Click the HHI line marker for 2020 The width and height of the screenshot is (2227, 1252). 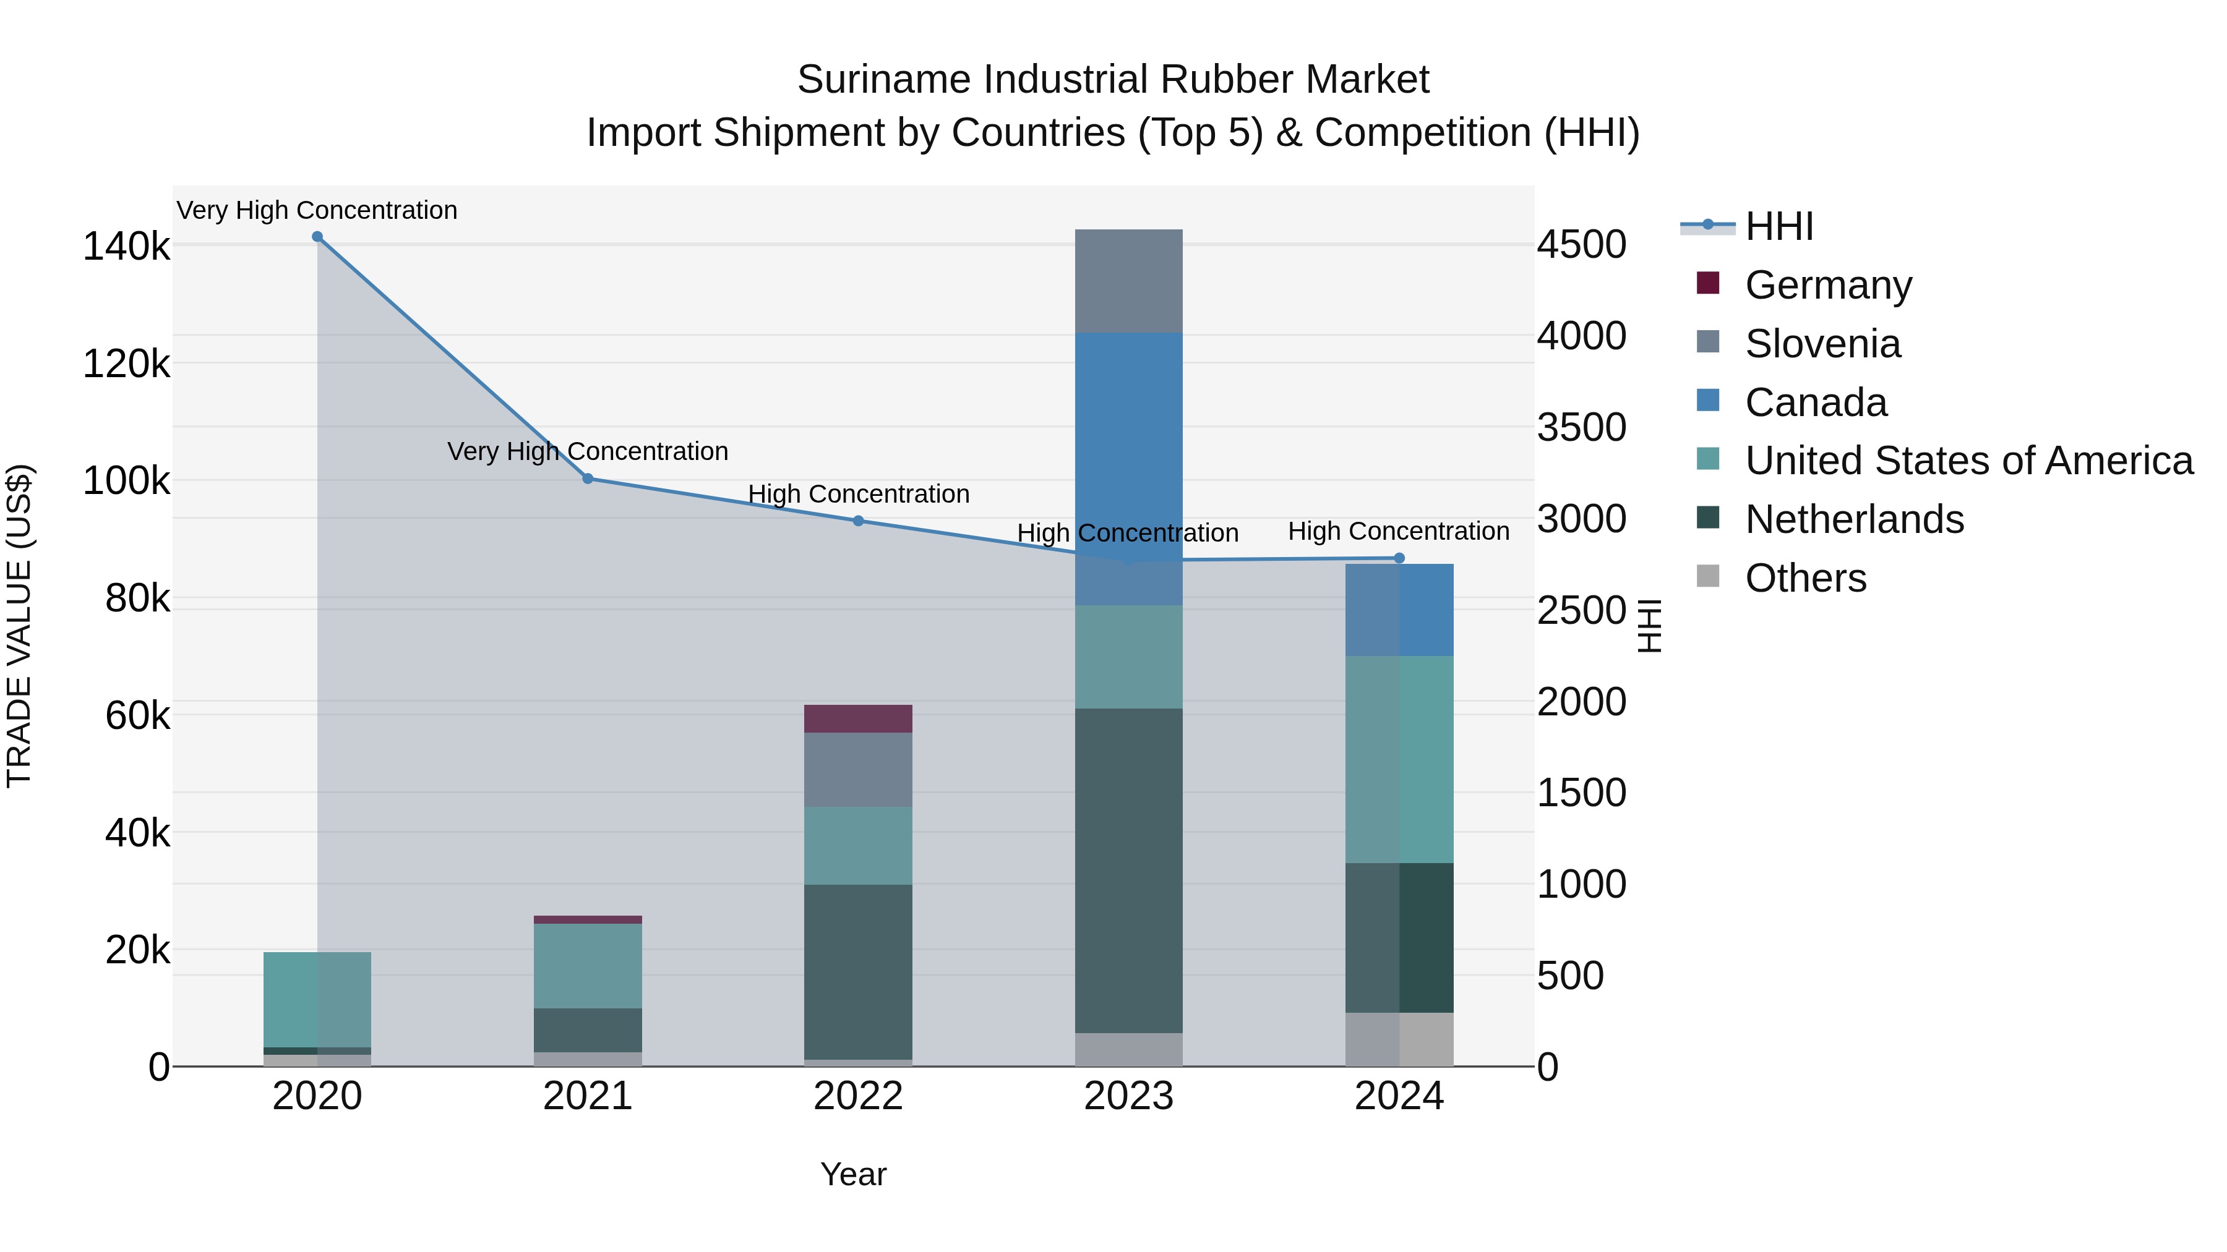[317, 237]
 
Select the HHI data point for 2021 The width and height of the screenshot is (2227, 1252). [588, 479]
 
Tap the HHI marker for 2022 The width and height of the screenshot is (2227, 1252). [859, 521]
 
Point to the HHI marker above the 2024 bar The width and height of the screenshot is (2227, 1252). [1400, 558]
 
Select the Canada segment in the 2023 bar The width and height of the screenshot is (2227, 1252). [1128, 467]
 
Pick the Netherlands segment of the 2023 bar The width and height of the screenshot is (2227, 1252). [1128, 869]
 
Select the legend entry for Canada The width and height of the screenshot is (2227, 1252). [1816, 402]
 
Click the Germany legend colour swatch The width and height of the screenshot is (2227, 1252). [1708, 283]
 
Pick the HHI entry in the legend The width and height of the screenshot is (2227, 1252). [1779, 226]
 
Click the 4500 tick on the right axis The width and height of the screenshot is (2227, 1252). [1581, 244]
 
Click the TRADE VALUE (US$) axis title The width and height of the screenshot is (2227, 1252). [19, 626]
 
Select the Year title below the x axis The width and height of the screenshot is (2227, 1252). [853, 1174]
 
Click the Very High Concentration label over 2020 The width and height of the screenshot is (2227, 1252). [317, 210]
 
